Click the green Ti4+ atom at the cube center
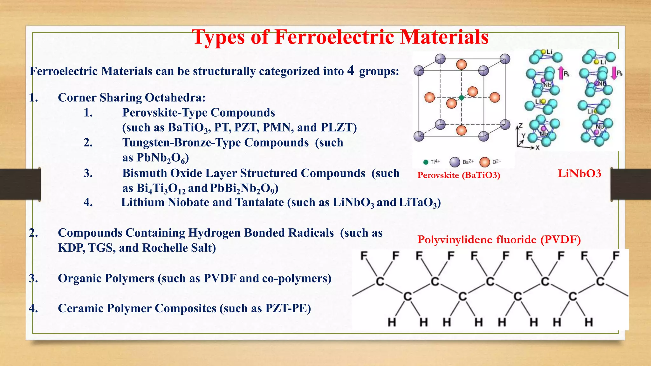point(462,98)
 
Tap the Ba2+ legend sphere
point(455,162)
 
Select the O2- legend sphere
point(484,162)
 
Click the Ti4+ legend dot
point(426,162)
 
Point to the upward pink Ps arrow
point(561,73)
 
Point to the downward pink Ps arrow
point(614,73)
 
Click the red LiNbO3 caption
point(579,173)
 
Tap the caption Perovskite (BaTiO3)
point(459,175)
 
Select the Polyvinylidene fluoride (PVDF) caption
point(499,240)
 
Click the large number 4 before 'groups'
point(351,70)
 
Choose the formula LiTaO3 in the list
point(418,203)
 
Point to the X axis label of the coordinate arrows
point(538,148)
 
